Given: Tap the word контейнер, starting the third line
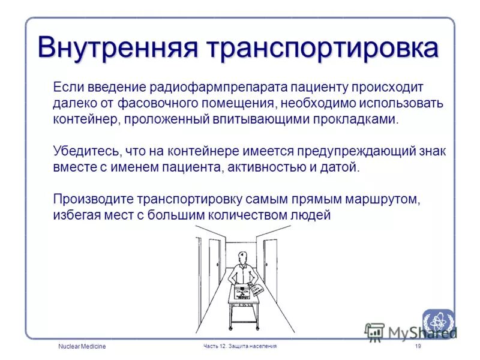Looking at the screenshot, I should [86, 119].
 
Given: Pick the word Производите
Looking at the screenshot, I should [93, 199].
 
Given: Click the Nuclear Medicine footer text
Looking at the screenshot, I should [82, 347].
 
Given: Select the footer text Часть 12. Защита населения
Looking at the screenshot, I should [241, 347].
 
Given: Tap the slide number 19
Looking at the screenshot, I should [418, 347].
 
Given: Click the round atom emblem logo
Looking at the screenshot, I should [438, 324].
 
